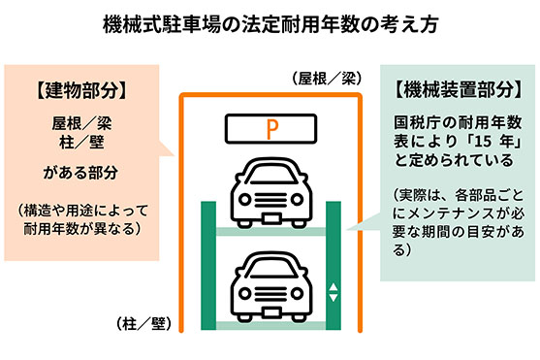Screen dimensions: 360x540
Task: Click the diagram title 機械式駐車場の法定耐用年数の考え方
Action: [270, 22]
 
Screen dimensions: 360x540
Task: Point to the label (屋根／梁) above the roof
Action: [325, 76]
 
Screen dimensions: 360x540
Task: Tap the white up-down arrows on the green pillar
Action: [334, 291]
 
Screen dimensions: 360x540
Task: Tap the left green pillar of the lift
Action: [207, 262]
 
